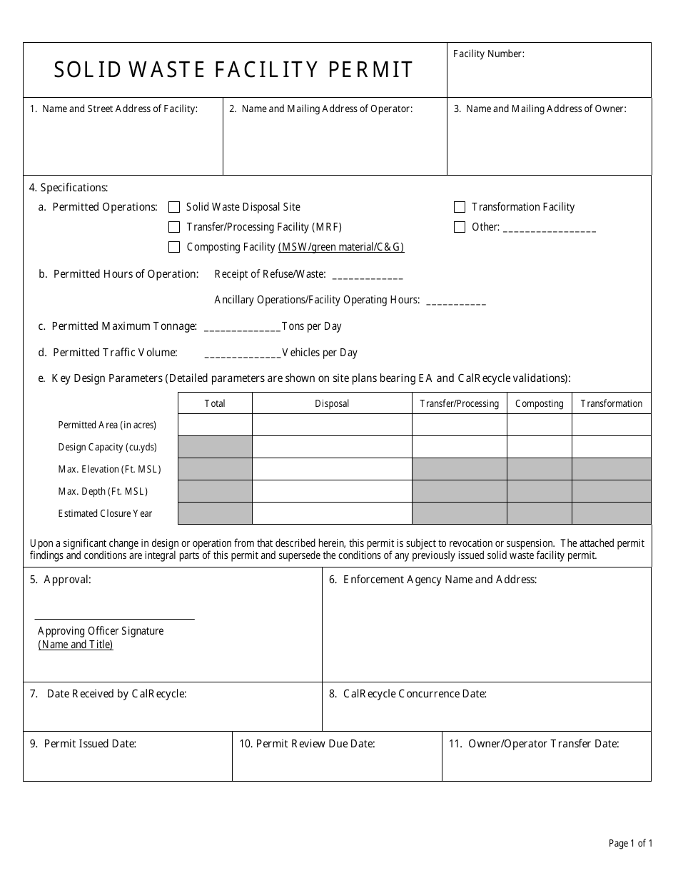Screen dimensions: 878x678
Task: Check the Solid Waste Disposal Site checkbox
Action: point(174,207)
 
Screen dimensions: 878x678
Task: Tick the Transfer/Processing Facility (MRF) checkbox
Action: point(174,227)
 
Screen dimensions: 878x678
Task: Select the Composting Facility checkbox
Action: point(174,247)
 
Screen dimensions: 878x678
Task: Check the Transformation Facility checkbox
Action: point(460,207)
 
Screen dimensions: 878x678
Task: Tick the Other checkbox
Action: point(460,227)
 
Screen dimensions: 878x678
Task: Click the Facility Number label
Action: point(489,54)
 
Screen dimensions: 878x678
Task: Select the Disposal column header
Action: point(332,403)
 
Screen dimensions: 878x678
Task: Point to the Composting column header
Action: point(539,403)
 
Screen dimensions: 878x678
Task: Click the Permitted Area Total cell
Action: point(215,425)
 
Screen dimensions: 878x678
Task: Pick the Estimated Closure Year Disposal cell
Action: point(332,513)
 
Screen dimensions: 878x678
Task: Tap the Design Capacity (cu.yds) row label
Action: point(107,448)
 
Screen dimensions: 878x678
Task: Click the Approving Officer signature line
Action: point(114,617)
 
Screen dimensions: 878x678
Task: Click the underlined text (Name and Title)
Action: point(76,645)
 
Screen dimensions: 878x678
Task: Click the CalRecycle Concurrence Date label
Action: point(415,694)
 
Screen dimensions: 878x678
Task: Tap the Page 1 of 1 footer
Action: point(630,844)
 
